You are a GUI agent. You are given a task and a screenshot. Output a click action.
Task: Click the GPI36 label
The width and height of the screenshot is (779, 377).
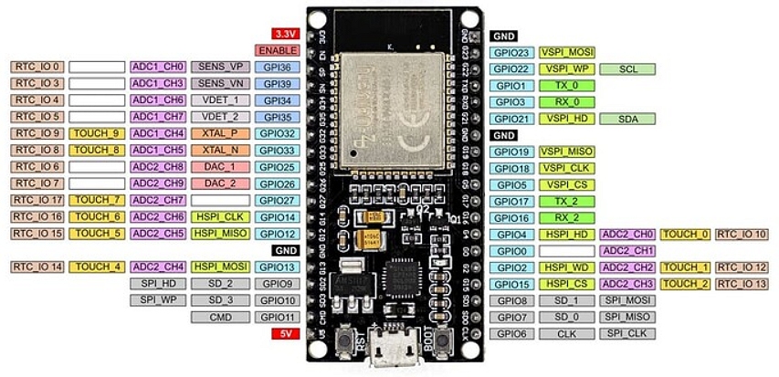pyautogui.click(x=276, y=67)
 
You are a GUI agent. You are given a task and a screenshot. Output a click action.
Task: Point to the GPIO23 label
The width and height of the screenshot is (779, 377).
pyautogui.click(x=511, y=53)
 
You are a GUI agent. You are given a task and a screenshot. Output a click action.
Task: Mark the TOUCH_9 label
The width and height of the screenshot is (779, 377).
pyautogui.click(x=97, y=133)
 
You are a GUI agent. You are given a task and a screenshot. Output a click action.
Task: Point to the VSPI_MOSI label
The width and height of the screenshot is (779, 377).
pyautogui.click(x=567, y=53)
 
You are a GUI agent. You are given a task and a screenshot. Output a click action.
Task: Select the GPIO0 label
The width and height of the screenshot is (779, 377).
pyautogui.click(x=511, y=251)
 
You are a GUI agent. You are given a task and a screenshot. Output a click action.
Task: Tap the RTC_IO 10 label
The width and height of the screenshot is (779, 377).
pyautogui.click(x=742, y=235)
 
